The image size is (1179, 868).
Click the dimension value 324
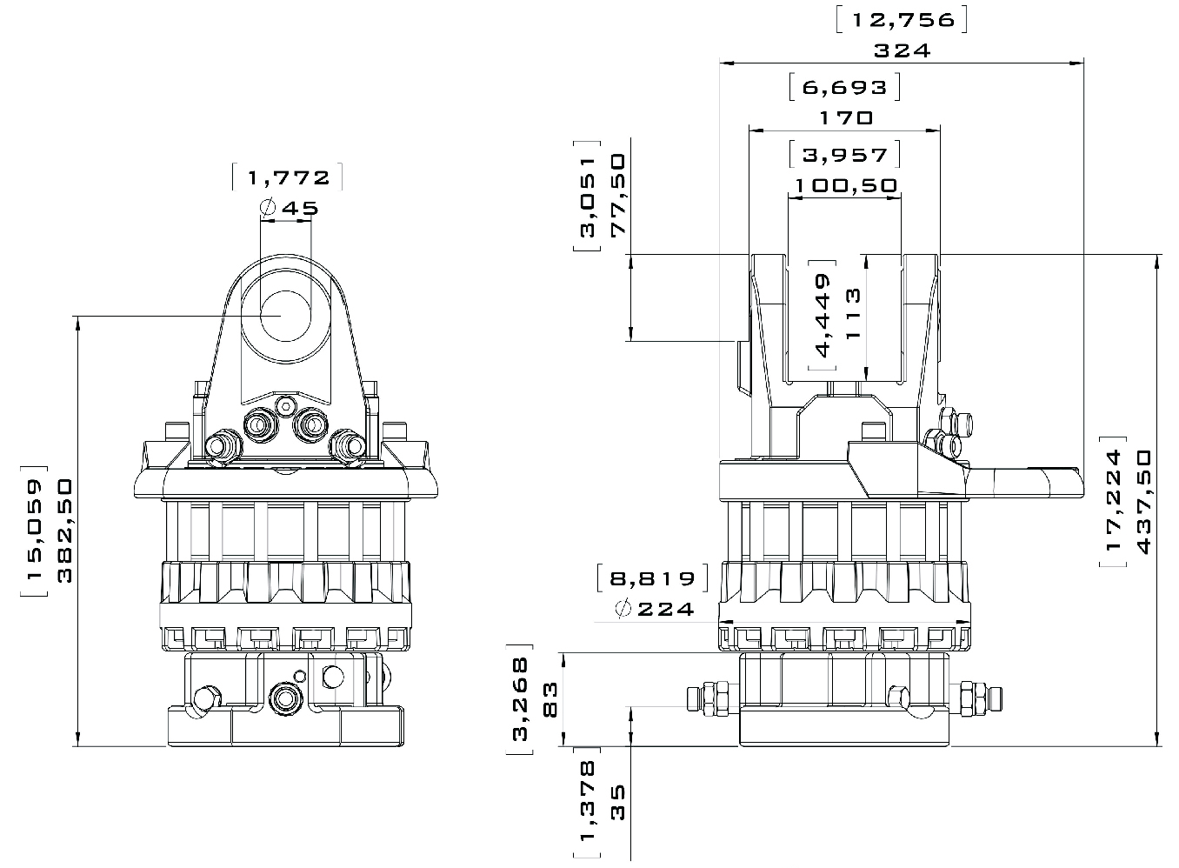[902, 50]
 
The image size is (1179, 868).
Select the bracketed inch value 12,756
[903, 20]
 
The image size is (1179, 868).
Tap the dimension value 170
[846, 117]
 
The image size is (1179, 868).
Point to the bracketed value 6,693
[845, 87]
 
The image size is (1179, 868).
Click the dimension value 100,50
[846, 185]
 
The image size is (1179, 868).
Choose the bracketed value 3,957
[845, 155]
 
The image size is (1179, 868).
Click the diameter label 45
[290, 208]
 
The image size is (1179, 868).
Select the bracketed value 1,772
[288, 177]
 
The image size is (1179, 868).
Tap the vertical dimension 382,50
[64, 530]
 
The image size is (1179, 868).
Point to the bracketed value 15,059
[34, 531]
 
